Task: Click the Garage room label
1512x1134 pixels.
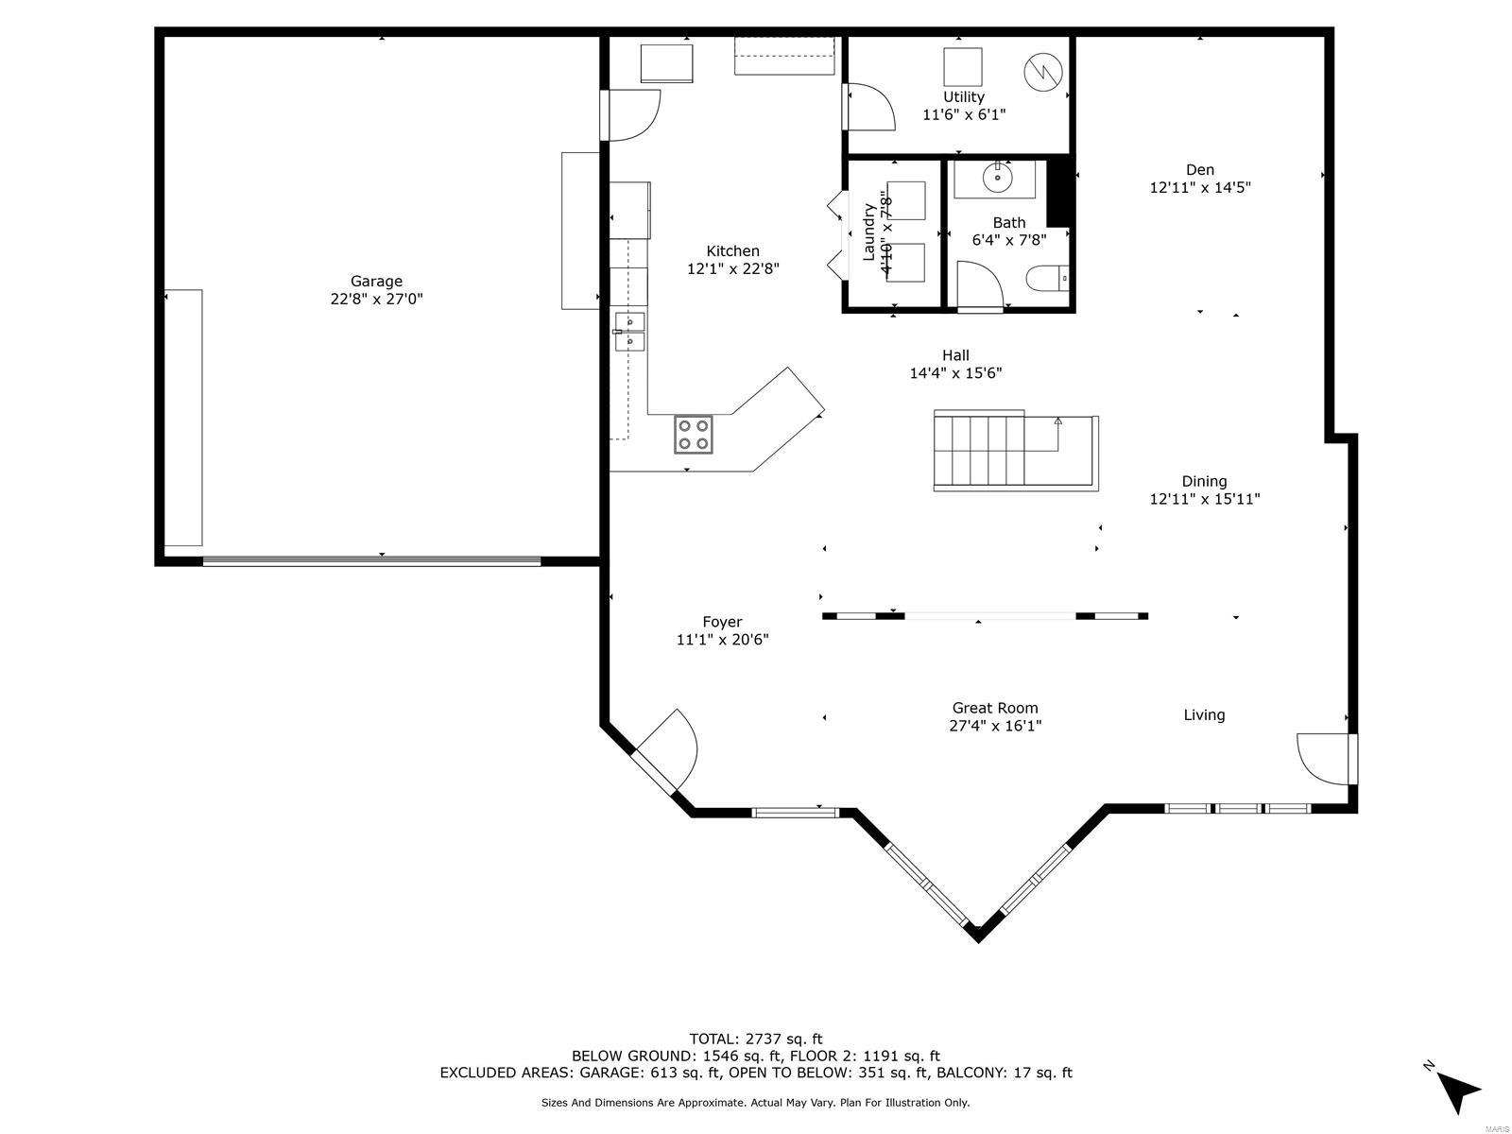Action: coord(376,281)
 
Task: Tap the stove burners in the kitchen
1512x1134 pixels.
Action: coord(693,435)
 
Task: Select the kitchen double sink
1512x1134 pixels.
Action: coord(629,331)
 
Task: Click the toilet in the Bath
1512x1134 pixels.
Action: coord(1047,278)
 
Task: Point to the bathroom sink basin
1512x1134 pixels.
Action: coord(997,176)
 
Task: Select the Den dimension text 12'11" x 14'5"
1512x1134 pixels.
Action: coord(1199,187)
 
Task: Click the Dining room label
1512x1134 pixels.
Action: coord(1203,481)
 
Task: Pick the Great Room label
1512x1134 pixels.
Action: coord(994,708)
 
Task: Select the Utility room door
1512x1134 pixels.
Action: coord(868,107)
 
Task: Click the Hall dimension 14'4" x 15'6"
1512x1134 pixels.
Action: coord(954,373)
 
